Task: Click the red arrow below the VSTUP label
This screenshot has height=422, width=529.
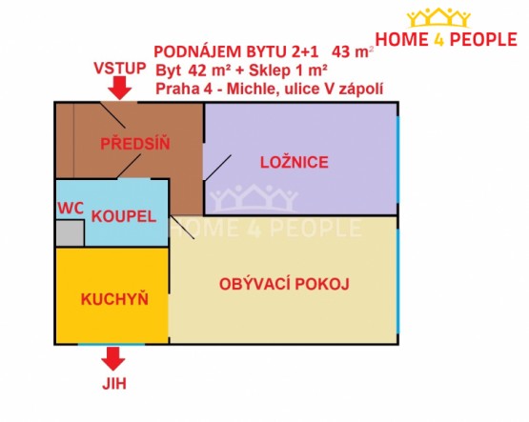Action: (119, 88)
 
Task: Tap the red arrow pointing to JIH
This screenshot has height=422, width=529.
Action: (113, 359)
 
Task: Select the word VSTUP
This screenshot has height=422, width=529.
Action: (120, 68)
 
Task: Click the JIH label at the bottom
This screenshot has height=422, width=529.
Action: (114, 384)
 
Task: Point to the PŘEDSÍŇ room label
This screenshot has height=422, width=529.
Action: (135, 144)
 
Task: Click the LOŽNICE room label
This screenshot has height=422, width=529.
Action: (294, 162)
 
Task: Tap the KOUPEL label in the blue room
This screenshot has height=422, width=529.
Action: (124, 216)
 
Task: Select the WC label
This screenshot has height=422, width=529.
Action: (71, 209)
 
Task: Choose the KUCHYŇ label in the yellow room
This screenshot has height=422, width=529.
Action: (114, 298)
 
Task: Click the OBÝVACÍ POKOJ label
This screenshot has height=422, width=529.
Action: (284, 284)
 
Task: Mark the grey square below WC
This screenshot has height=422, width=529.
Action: (70, 232)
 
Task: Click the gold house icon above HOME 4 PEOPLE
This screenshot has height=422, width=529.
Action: (438, 17)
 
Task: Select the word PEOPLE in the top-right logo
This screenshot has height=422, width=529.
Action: (483, 39)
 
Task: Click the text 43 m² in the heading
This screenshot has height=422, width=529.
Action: (353, 52)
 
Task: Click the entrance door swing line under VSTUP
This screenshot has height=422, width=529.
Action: (113, 114)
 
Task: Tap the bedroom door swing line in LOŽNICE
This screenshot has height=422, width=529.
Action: (218, 168)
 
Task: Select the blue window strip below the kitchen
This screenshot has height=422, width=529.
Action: (112, 344)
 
